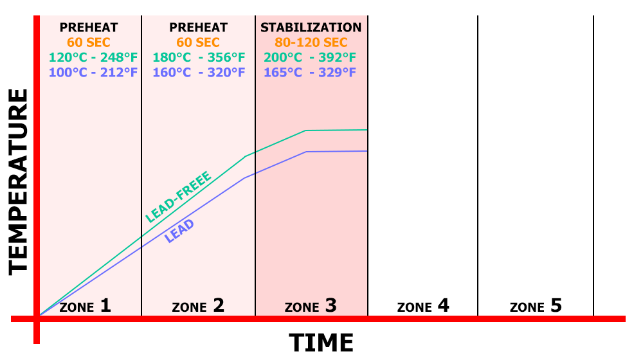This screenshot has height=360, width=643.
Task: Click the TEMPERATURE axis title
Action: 19,182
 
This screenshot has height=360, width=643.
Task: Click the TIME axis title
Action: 321,343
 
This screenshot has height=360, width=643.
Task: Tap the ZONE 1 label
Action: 86,305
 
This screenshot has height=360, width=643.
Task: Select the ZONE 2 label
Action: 198,305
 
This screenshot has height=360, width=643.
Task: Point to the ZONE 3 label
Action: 311,305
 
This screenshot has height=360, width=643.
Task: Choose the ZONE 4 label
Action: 423,305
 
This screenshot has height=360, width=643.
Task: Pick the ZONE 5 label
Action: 536,305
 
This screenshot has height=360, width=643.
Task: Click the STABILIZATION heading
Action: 311,28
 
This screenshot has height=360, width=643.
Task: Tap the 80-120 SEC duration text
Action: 311,42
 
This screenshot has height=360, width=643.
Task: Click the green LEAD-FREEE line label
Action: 179,196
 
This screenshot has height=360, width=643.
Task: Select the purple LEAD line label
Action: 179,230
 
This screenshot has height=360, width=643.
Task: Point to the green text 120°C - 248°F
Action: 93,57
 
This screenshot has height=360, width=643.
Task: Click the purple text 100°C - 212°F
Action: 93,72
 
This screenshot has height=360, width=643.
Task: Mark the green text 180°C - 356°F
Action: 199,57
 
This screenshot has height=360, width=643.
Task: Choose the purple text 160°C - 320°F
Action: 199,72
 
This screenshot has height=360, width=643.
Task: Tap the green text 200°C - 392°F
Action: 311,57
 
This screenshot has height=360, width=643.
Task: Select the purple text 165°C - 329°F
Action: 311,72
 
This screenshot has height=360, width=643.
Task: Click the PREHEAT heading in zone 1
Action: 89,28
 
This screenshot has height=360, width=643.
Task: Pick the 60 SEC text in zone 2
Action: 199,42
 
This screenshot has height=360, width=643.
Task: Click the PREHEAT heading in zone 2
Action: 199,28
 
